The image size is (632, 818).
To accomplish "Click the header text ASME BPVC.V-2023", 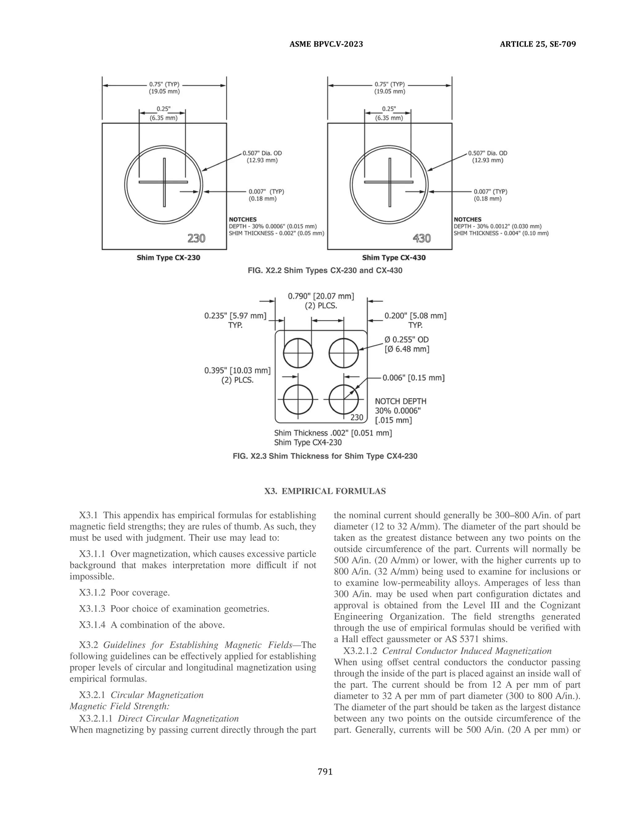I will click(326, 44).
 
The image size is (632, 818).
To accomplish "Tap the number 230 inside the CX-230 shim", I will click(196, 238).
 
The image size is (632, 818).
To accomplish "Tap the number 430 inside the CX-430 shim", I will click(422, 238).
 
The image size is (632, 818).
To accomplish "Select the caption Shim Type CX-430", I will click(393, 258).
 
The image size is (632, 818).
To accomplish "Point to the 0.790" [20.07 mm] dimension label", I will click(321, 296).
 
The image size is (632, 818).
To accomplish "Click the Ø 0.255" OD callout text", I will click(406, 340).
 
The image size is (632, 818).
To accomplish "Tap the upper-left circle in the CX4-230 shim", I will click(298, 353).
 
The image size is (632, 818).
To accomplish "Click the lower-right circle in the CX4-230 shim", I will click(343, 400).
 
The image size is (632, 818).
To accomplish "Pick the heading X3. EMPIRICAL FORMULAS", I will click(325, 491).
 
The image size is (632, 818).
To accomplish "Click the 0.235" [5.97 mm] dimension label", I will click(235, 316).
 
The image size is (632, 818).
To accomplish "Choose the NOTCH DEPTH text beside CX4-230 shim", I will click(400, 402).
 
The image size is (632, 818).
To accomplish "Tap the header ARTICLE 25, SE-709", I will click(538, 44).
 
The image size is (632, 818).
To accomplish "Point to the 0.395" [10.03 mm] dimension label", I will click(237, 371).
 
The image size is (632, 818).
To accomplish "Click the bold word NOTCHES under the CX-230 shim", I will click(243, 219).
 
